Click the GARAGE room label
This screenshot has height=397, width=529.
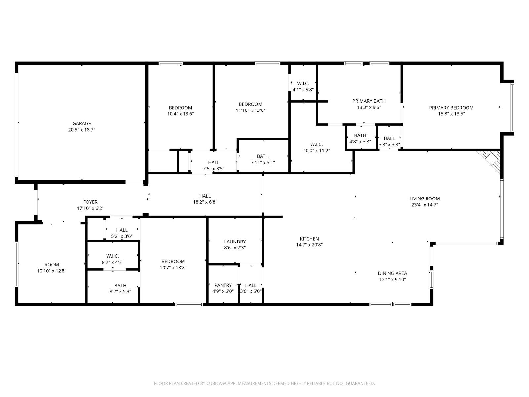point(82,123)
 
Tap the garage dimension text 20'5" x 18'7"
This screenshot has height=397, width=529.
point(82,130)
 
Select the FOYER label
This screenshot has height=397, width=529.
point(90,202)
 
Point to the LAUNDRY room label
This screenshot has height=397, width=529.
point(235,242)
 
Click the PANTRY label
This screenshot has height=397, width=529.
point(223,285)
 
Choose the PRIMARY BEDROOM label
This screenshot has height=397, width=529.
point(451,108)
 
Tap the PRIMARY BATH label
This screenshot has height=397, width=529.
point(369,101)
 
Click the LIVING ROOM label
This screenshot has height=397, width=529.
point(425,198)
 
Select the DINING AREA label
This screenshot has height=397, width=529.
point(392,273)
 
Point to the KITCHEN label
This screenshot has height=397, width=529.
point(309,239)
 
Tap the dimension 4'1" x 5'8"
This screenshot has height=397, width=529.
point(303,90)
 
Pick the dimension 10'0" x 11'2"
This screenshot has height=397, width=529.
point(317,151)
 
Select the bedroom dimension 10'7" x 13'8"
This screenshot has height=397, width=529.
point(173,268)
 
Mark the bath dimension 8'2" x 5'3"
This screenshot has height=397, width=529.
point(120,291)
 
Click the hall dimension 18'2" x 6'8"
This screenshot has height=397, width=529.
point(205,202)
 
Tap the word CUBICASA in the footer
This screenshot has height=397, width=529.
point(217,383)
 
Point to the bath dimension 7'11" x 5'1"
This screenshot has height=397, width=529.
point(263,162)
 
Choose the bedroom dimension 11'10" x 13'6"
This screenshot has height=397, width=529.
point(251,110)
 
